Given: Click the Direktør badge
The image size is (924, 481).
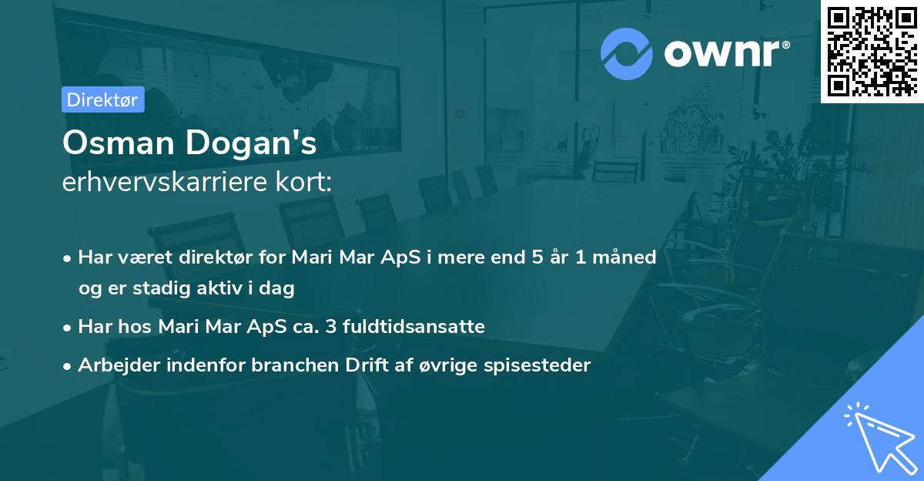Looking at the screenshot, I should [102, 100].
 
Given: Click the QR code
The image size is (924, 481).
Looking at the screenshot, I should [872, 52].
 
